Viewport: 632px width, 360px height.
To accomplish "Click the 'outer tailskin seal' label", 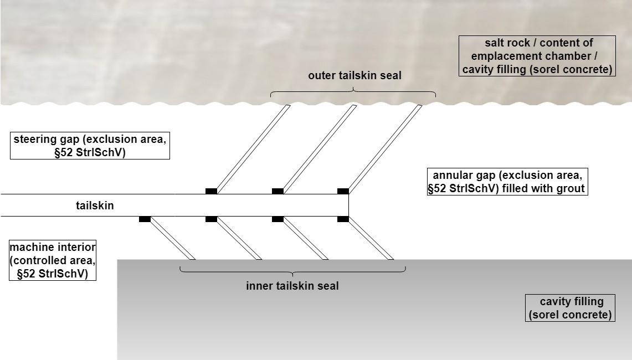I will [354, 76].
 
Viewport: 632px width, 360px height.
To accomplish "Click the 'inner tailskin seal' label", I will [292, 286].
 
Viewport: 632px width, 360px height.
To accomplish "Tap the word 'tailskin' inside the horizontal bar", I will [95, 205].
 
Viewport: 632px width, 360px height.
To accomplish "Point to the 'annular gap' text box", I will [507, 182].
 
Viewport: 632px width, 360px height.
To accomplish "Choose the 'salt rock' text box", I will [537, 56].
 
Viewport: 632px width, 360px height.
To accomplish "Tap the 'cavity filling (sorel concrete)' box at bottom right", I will [570, 308].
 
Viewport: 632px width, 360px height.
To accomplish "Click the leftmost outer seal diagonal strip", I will [253, 148].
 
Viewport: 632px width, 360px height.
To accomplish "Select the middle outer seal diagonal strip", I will [319, 148].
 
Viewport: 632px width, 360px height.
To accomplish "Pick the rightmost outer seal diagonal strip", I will [385, 148].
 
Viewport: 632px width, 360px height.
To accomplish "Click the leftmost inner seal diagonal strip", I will [172, 238].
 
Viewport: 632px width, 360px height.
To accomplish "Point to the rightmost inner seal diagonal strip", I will [371, 238].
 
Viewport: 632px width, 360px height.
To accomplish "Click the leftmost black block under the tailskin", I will [145, 219].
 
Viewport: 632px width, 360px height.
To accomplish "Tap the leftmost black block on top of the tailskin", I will [211, 191].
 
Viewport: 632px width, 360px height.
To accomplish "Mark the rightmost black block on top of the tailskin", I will [343, 191].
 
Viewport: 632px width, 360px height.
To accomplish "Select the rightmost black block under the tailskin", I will [343, 219].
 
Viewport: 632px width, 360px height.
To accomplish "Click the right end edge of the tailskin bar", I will [348, 205].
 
